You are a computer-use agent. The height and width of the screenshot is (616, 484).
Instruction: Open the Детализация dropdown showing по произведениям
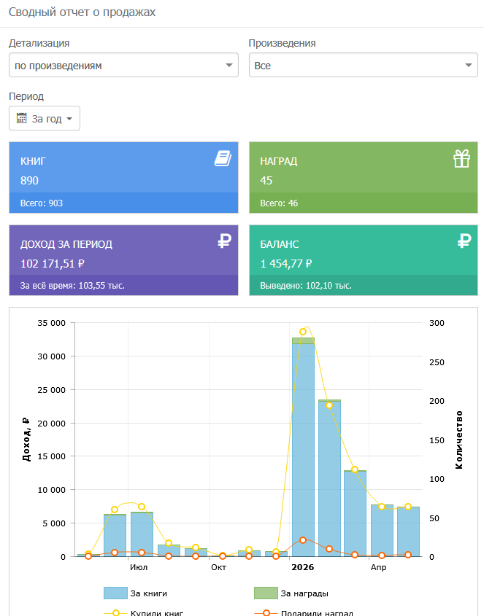123,65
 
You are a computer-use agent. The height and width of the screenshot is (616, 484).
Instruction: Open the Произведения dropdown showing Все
364,65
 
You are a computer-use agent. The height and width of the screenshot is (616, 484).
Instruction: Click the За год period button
45,118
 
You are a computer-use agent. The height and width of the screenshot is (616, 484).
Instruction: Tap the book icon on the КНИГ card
223,158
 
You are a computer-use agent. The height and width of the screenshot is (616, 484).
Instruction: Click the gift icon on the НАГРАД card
461,158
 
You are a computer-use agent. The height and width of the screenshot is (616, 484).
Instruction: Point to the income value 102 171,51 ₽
53,263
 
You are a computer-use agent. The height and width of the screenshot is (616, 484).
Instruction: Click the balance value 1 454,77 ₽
286,263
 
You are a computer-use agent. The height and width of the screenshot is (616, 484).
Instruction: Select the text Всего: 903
42,203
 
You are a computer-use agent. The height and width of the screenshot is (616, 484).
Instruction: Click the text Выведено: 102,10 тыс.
306,286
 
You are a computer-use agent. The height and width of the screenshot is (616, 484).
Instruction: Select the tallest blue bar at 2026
304,450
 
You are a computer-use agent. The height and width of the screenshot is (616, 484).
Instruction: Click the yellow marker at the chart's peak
303,332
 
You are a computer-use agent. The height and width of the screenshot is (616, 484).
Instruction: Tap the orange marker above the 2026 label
303,540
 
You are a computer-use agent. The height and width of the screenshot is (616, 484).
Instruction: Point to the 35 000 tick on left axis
52,323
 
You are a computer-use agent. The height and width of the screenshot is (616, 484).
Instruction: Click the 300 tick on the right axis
437,323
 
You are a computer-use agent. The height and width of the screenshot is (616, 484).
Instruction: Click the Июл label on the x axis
139,567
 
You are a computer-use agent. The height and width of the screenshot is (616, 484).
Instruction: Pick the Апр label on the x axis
379,567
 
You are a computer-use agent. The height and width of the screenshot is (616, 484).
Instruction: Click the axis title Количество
459,440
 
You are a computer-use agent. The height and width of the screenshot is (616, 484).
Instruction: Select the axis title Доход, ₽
26,439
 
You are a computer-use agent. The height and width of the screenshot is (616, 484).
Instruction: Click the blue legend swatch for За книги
115,593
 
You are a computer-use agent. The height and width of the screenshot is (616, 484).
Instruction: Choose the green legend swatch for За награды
266,593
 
